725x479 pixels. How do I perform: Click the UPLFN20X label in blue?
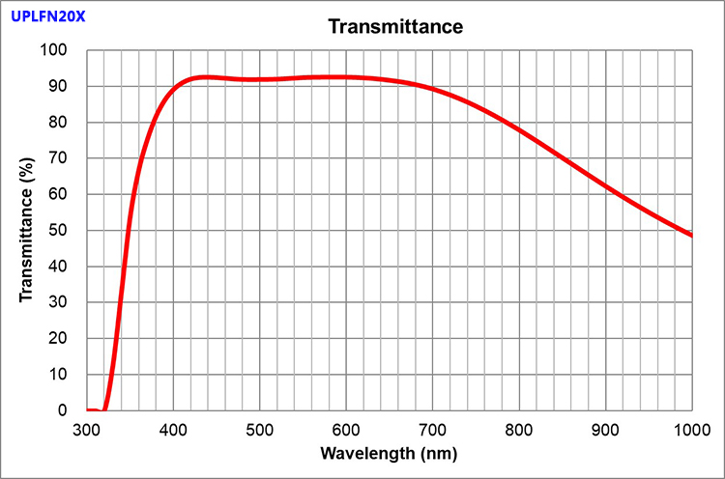[x=47, y=15]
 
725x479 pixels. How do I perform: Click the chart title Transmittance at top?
[x=395, y=26]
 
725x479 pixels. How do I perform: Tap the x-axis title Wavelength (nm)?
[x=390, y=453]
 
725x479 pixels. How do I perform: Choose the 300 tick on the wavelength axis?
[x=87, y=430]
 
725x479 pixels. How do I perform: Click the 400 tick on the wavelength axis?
[x=173, y=430]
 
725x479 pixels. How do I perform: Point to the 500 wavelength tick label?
[x=260, y=430]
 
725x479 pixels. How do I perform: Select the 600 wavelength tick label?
[x=346, y=430]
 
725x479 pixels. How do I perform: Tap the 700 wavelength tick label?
[x=432, y=430]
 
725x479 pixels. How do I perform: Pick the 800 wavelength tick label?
[x=519, y=430]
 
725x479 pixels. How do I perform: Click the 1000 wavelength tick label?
[x=691, y=430]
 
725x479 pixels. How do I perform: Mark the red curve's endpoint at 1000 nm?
[x=691, y=235]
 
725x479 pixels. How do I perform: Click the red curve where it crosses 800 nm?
[x=519, y=127]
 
